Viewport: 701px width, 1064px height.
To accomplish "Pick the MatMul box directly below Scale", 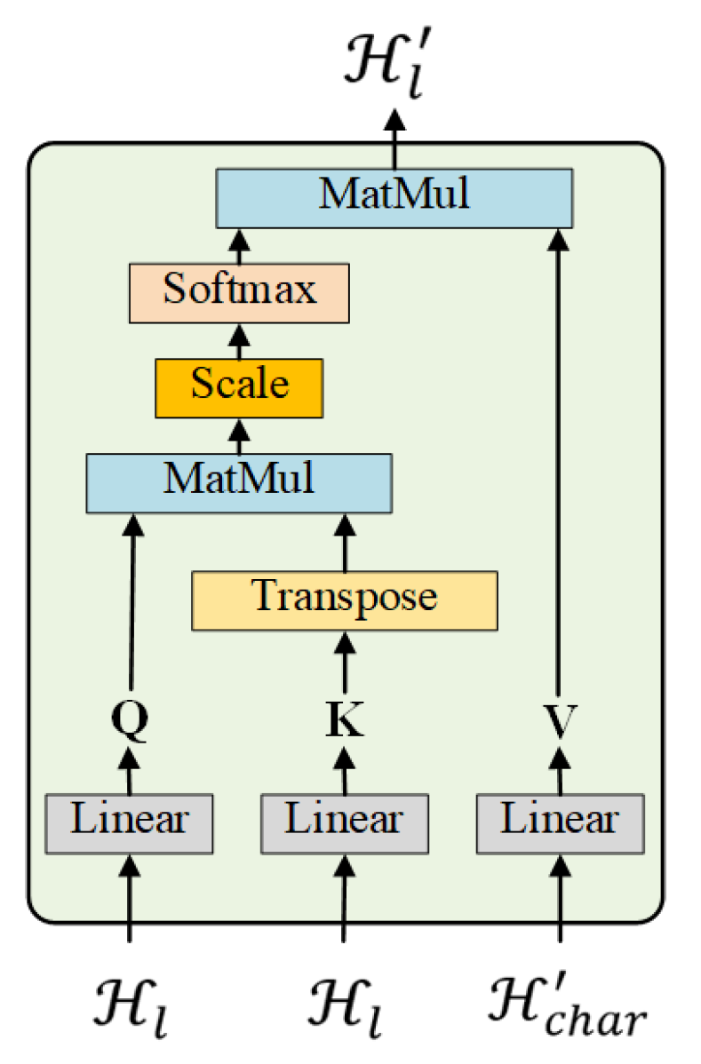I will (x=239, y=482).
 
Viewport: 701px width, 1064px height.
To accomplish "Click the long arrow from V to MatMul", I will (x=560, y=462).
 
